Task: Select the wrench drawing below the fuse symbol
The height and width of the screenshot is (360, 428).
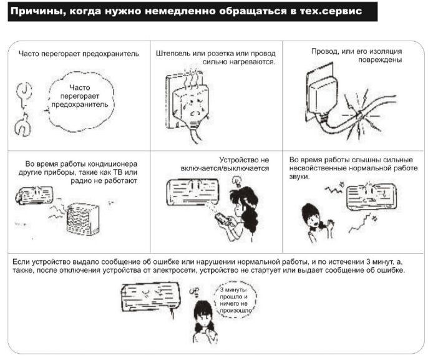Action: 22,125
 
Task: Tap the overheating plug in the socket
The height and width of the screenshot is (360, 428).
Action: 190,109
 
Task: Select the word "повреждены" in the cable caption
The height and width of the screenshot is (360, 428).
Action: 380,60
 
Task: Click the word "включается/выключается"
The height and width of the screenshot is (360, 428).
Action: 225,168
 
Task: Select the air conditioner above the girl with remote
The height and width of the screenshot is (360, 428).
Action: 193,192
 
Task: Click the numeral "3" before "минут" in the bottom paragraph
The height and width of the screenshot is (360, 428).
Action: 368,262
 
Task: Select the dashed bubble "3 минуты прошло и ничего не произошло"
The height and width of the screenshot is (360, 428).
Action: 235,299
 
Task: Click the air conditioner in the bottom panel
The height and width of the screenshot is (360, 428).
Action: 151,297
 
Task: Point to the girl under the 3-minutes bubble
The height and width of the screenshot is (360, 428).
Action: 204,321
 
